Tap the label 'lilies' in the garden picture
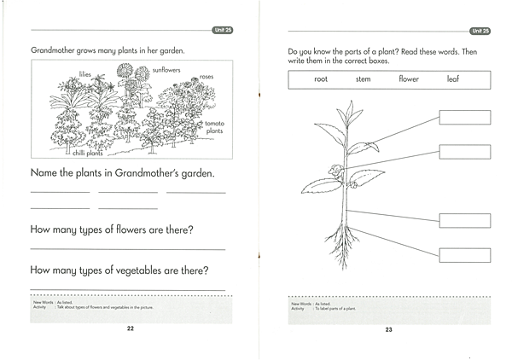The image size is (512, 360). coord(84,74)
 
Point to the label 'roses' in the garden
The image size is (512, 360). coord(206,78)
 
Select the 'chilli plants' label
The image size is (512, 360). coord(85,154)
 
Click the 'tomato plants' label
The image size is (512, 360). coord(214,128)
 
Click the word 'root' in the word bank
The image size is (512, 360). coord(321,79)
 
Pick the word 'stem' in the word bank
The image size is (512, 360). coord(364,79)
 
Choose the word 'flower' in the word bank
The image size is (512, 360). coord(409,79)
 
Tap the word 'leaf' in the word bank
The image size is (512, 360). coord(452,79)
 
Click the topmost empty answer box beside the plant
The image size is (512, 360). coord(464,118)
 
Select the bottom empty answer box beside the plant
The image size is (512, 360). coord(464,255)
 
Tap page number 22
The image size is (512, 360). coord(130,328)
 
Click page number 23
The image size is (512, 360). coord(388,329)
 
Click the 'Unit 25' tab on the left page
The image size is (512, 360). coord(222,31)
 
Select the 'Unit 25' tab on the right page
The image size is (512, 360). coord(480,31)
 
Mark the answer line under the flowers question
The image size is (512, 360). coord(127,249)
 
